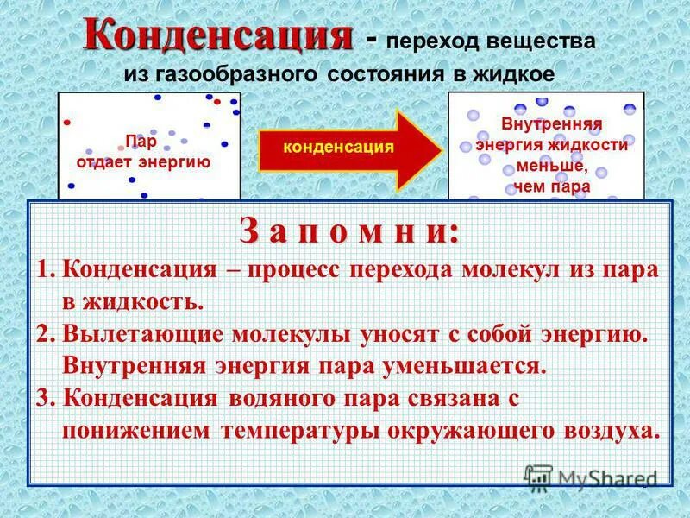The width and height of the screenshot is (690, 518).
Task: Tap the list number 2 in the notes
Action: point(45,334)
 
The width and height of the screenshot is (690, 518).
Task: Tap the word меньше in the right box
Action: point(551,166)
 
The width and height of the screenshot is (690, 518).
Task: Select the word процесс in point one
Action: point(296,269)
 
